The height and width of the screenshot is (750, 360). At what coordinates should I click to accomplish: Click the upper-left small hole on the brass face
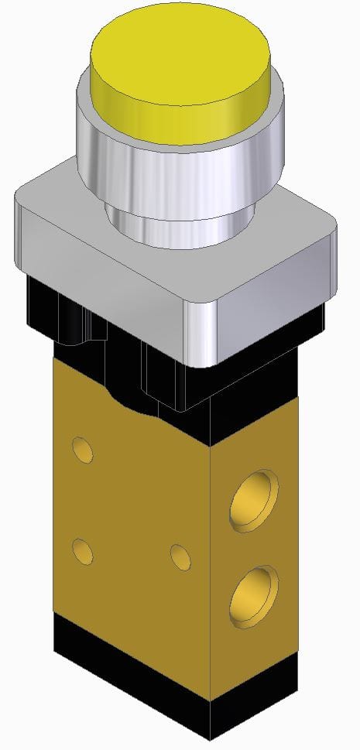point(82,448)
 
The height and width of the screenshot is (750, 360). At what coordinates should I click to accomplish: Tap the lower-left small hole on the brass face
point(82,551)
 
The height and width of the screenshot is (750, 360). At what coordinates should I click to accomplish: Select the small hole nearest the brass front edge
point(180,557)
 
